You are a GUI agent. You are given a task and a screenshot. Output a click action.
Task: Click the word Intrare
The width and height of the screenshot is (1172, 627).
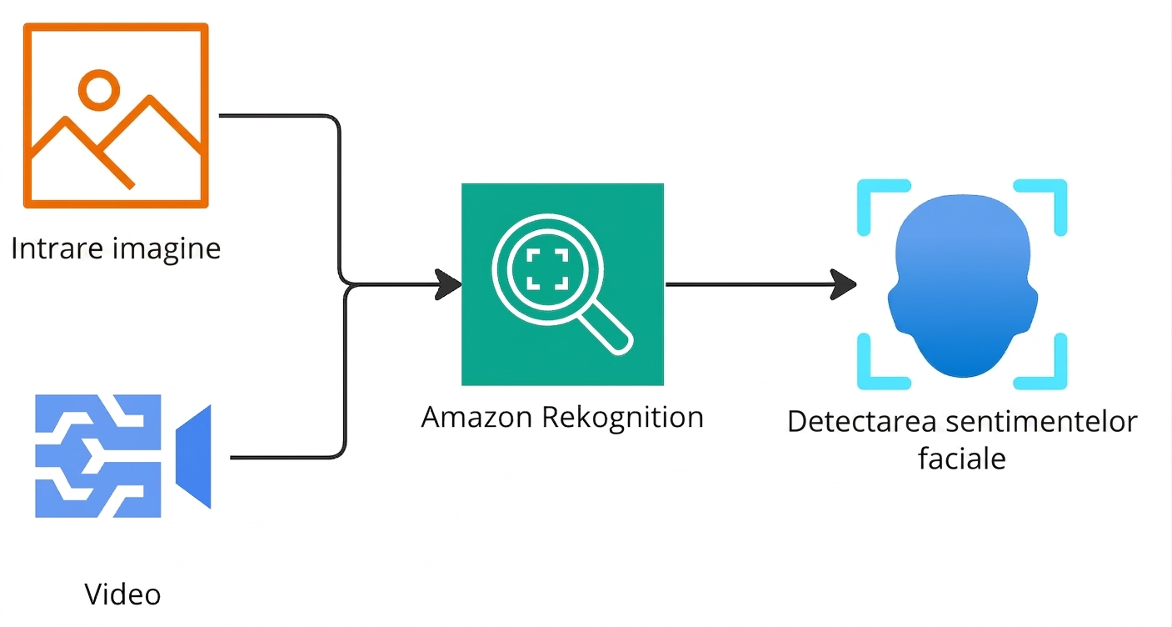click(x=57, y=248)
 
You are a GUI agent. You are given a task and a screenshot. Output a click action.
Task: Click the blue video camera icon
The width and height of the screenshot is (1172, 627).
click(x=123, y=456)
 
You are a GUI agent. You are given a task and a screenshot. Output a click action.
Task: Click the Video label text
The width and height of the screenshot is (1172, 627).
click(x=122, y=594)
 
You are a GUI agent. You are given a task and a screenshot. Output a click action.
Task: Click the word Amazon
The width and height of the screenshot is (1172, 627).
click(x=476, y=418)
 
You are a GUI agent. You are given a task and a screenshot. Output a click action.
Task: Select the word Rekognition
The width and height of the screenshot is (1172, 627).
click(x=622, y=418)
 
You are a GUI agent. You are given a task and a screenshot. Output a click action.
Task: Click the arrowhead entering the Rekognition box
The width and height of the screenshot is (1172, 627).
click(x=449, y=285)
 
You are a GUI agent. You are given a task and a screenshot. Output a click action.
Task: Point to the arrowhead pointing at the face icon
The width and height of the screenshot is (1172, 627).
click(x=843, y=285)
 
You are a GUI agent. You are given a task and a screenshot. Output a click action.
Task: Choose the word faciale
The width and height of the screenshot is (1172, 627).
click(x=961, y=459)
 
